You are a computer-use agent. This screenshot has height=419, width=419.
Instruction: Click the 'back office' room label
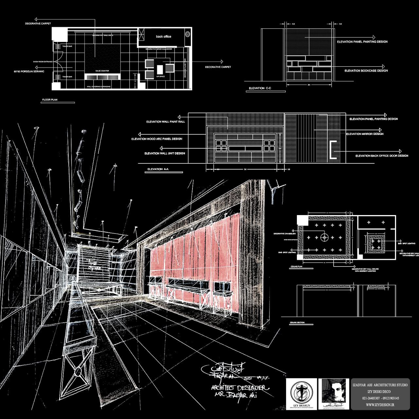click(x=163, y=37)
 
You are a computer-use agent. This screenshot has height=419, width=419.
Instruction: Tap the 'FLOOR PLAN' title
click(x=50, y=100)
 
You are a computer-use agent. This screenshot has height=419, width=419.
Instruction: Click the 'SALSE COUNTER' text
click(x=102, y=71)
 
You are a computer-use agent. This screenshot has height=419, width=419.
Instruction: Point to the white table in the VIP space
click(x=160, y=69)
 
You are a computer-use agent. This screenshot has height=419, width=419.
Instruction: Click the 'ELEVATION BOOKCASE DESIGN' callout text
click(x=366, y=71)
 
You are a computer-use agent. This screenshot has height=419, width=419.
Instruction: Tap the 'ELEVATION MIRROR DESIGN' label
click(x=365, y=134)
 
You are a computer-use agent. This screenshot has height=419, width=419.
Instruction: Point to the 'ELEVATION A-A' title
click(x=155, y=169)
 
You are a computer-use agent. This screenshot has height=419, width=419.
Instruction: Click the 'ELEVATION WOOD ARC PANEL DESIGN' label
click(x=156, y=139)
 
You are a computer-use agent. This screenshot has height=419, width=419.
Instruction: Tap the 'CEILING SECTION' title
click(x=297, y=323)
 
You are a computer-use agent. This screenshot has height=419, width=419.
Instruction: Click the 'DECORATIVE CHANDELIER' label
click(x=284, y=234)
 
